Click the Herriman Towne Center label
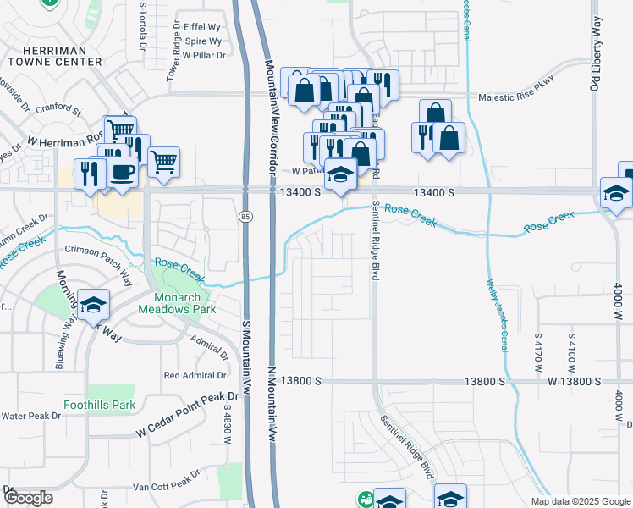[x=54, y=56]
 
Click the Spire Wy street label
[x=203, y=40]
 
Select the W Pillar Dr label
[x=205, y=55]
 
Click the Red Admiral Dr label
[x=195, y=375]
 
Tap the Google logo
[x=28, y=498]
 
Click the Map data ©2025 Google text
[x=580, y=501]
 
